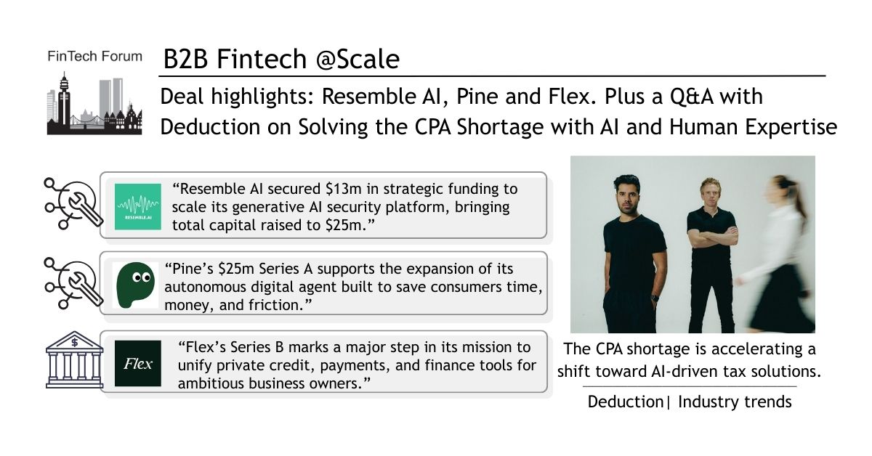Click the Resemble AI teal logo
click(x=138, y=207)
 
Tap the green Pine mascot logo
click(x=135, y=285)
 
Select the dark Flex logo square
click(x=138, y=363)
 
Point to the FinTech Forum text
click(x=94, y=57)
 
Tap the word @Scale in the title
click(x=358, y=59)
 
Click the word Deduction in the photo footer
click(x=625, y=402)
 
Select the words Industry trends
click(x=735, y=402)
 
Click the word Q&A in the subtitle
click(x=691, y=97)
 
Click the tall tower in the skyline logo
click(x=64, y=99)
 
